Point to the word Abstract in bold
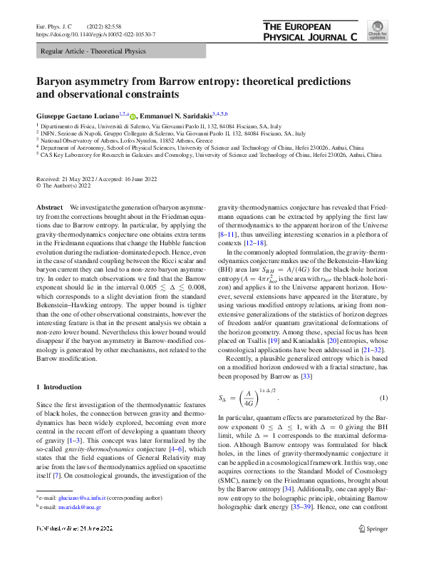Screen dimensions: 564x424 pyautogui.click(x=49, y=206)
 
